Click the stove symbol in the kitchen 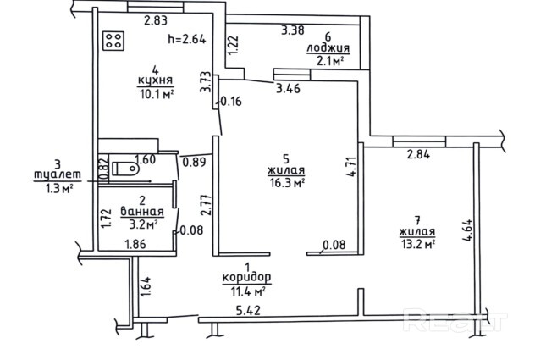coord(113,41)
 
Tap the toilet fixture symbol coord(125,169)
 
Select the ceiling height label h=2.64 coord(187,39)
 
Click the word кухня coord(155,80)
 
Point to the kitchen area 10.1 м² coord(157,93)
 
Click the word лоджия coord(328,48)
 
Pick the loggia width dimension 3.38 coord(292,30)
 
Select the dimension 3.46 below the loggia coord(289,89)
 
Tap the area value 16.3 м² coord(287,183)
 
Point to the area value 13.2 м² coord(417,244)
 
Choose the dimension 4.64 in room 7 coord(467,230)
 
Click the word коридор coord(246,277)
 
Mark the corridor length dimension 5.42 coord(248,311)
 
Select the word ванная coord(142,212)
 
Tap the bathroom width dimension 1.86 coord(135,244)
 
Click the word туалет coord(58,174)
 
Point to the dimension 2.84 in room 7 coord(418,154)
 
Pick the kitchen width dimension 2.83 coord(156,20)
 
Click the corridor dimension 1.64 coord(146,286)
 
